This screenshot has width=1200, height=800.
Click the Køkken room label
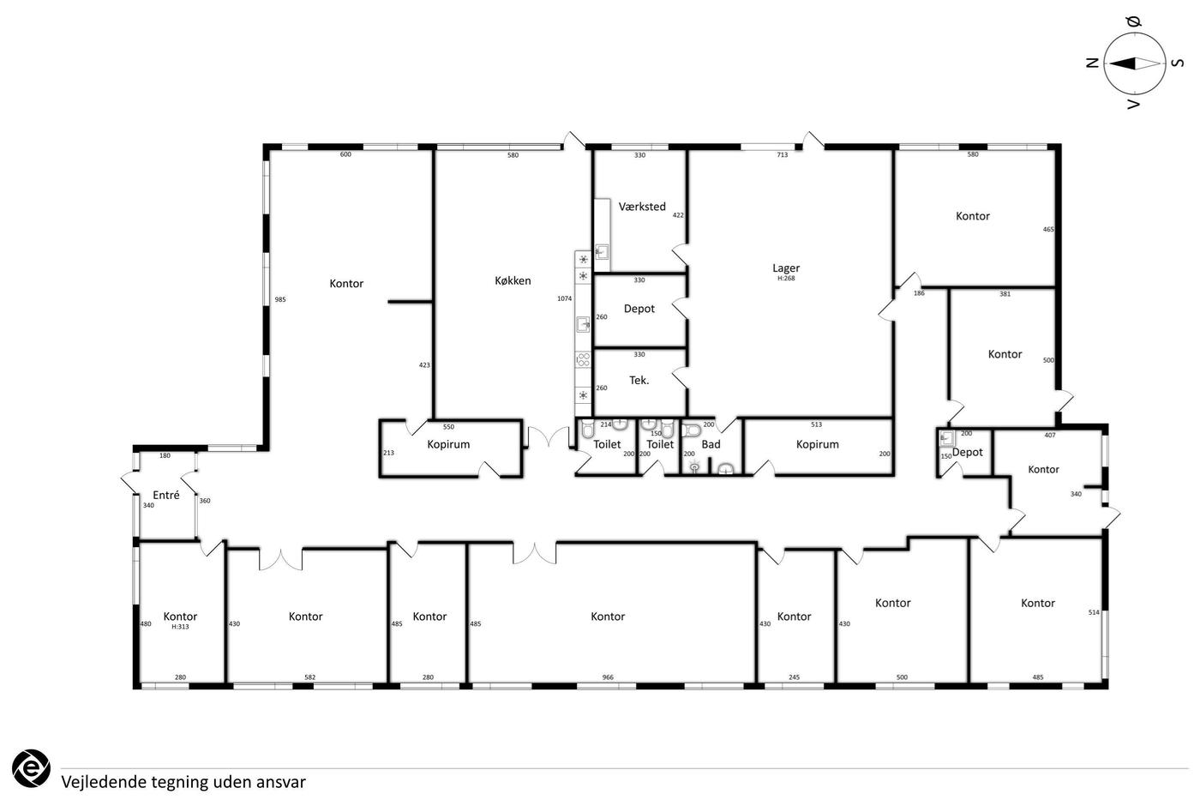pyautogui.click(x=513, y=280)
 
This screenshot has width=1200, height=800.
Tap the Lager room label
pyautogui.click(x=786, y=268)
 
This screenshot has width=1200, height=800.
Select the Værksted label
pyautogui.click(x=642, y=207)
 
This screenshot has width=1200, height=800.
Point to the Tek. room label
pyautogui.click(x=639, y=381)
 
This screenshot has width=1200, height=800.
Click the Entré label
pyautogui.click(x=166, y=495)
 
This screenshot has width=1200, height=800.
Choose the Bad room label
pyautogui.click(x=711, y=444)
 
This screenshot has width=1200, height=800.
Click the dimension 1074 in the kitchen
pyautogui.click(x=565, y=298)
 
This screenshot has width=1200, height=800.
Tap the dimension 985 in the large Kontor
pyautogui.click(x=280, y=299)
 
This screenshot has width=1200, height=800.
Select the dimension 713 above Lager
pyautogui.click(x=782, y=155)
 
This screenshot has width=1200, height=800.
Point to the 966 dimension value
pyautogui.click(x=608, y=677)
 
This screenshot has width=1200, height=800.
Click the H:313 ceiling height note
pyautogui.click(x=180, y=627)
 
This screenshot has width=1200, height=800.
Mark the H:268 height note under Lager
pyautogui.click(x=786, y=279)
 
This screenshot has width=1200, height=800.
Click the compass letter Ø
pyautogui.click(x=1134, y=22)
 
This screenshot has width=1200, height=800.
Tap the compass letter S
pyautogui.click(x=1178, y=63)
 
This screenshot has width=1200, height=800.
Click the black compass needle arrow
pyautogui.click(x=1122, y=63)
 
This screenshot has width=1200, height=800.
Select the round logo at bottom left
pyautogui.click(x=31, y=769)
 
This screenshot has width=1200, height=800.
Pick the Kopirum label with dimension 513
pyautogui.click(x=817, y=444)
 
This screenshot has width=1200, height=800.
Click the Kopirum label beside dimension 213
pyautogui.click(x=448, y=444)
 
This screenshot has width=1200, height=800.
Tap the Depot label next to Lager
pyautogui.click(x=639, y=309)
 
